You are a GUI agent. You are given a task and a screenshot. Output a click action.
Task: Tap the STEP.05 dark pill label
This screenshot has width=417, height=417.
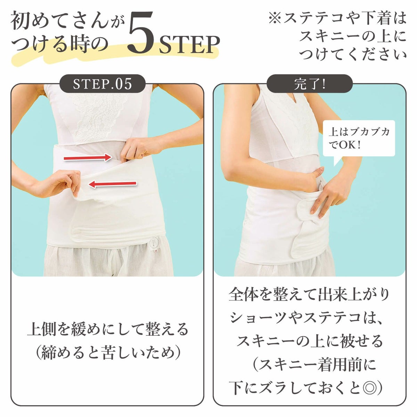coord(102,84)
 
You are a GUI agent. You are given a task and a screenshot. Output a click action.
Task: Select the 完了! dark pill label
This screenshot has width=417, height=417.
coord(310,84)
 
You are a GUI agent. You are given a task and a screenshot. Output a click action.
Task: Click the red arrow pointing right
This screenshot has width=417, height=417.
coord(88,157)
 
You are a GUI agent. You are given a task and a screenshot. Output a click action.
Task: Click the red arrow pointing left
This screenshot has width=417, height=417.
coord(113,184)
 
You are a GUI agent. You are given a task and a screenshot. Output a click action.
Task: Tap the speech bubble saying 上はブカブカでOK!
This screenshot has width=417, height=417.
coord(358,139)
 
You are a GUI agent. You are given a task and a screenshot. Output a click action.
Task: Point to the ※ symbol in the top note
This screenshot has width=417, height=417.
coord(275,18)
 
